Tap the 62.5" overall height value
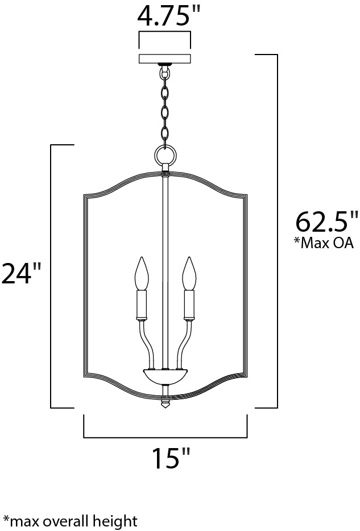click(x=326, y=222)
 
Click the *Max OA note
click(x=324, y=243)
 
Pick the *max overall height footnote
click(x=70, y=521)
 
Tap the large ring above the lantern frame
click(x=165, y=155)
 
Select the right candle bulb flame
click(x=189, y=274)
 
